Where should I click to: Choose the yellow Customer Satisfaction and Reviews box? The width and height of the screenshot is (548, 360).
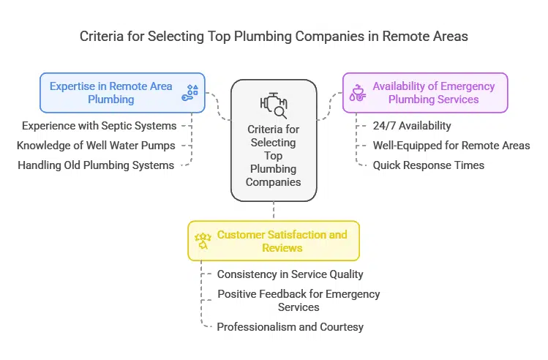(282, 241)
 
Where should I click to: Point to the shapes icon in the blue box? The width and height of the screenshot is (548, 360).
(192, 93)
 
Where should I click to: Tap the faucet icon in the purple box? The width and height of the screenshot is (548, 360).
(359, 93)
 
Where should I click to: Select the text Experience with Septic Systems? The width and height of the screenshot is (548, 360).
(99, 126)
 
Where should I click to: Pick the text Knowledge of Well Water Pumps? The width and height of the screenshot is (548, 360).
(97, 145)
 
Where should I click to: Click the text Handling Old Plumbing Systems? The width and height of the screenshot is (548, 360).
(96, 165)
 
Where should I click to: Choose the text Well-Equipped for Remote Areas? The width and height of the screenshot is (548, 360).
(451, 145)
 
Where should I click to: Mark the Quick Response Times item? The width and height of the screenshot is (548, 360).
(428, 165)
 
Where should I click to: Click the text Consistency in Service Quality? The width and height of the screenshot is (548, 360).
(290, 274)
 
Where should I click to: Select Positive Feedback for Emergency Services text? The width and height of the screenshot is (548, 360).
(299, 300)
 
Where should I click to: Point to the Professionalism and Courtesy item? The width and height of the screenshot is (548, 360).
(290, 326)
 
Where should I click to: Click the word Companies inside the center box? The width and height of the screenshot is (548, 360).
(274, 181)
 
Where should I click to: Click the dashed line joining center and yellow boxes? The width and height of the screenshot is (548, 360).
(274, 211)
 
